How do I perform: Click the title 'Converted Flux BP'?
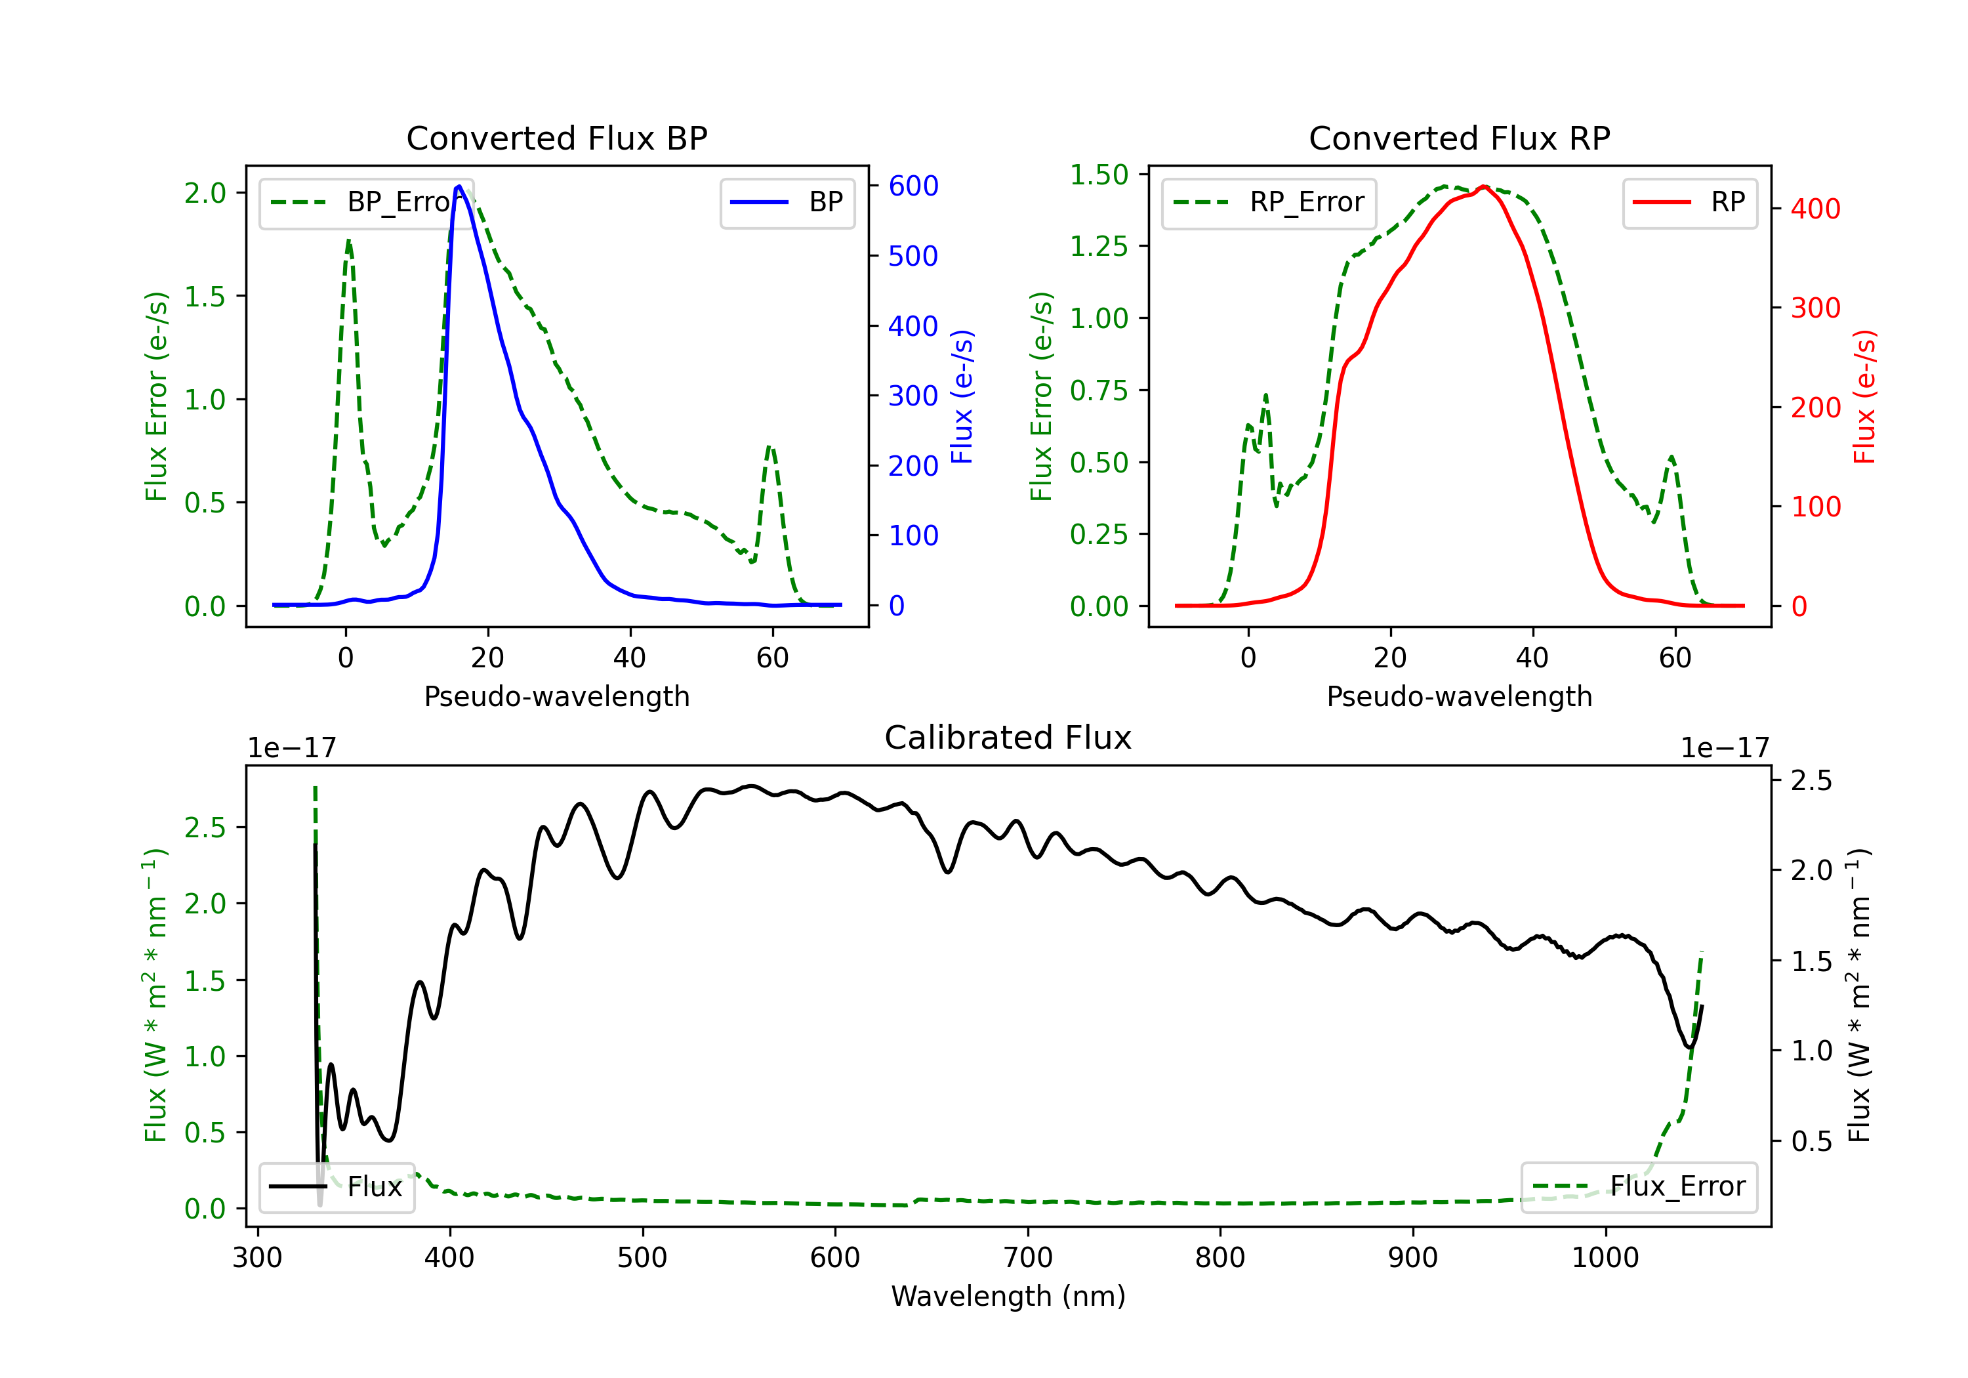click(556, 138)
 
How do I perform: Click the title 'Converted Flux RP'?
click(1459, 138)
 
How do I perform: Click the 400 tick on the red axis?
click(1814, 209)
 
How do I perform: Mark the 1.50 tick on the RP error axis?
click(1099, 175)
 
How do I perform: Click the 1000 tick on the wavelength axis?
click(1605, 1258)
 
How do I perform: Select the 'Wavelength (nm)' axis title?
click(1008, 1296)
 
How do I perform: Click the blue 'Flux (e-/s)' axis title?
click(962, 396)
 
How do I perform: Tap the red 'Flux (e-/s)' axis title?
click(1864, 396)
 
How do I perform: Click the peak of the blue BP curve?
click(459, 186)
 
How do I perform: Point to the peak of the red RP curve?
click(1484, 186)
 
